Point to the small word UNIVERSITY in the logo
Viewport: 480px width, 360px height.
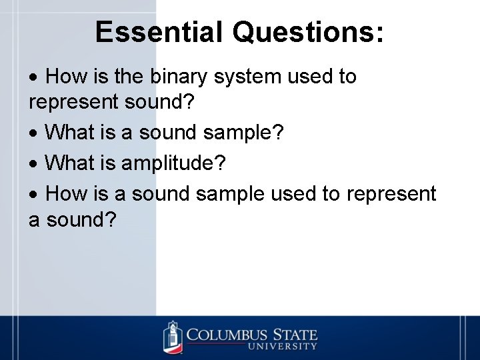[282, 347]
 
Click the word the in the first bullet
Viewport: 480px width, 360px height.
[128, 77]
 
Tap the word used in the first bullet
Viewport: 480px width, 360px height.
[311, 77]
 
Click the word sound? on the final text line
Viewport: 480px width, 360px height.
[79, 219]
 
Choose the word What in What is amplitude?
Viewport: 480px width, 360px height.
[70, 162]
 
